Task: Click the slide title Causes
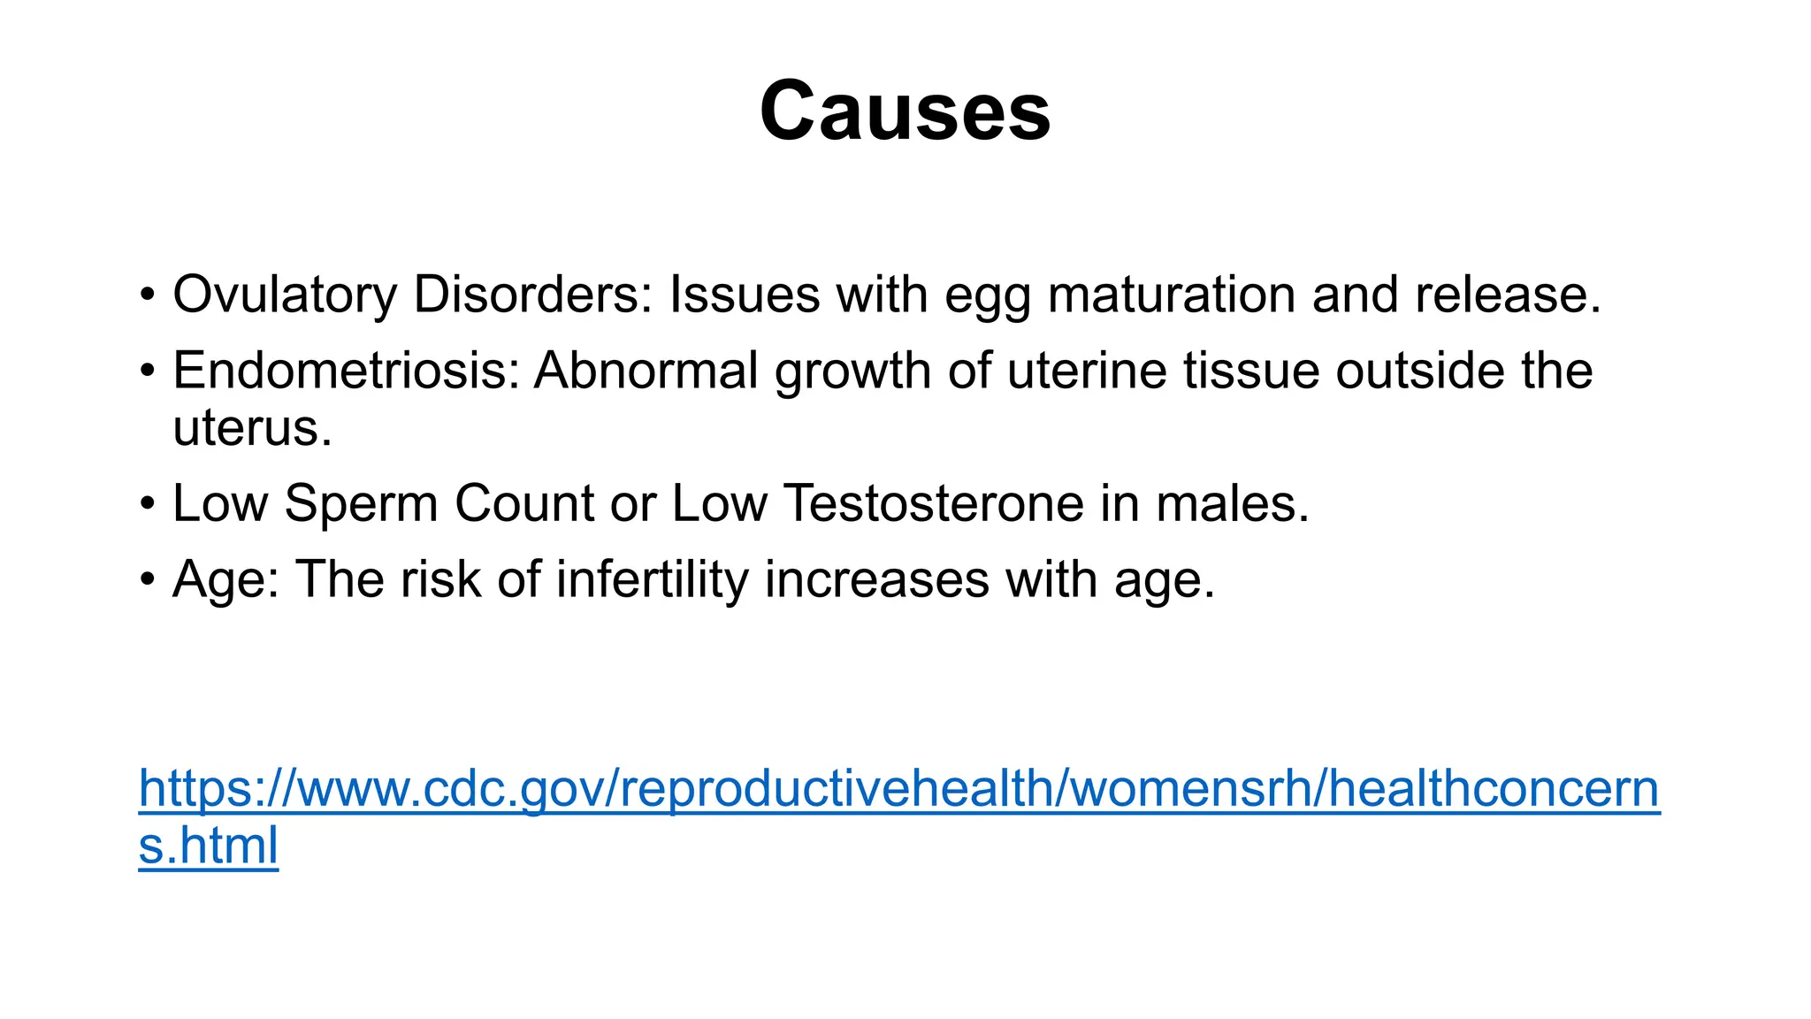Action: coord(905,111)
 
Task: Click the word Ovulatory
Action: coord(284,295)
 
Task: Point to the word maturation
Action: coord(1171,295)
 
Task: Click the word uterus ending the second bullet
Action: coord(252,428)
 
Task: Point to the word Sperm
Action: coord(361,503)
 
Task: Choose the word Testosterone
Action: coord(934,503)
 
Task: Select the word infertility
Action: coord(653,579)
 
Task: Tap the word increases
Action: coord(876,579)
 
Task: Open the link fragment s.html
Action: coord(209,845)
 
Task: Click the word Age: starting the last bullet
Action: coord(225,580)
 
